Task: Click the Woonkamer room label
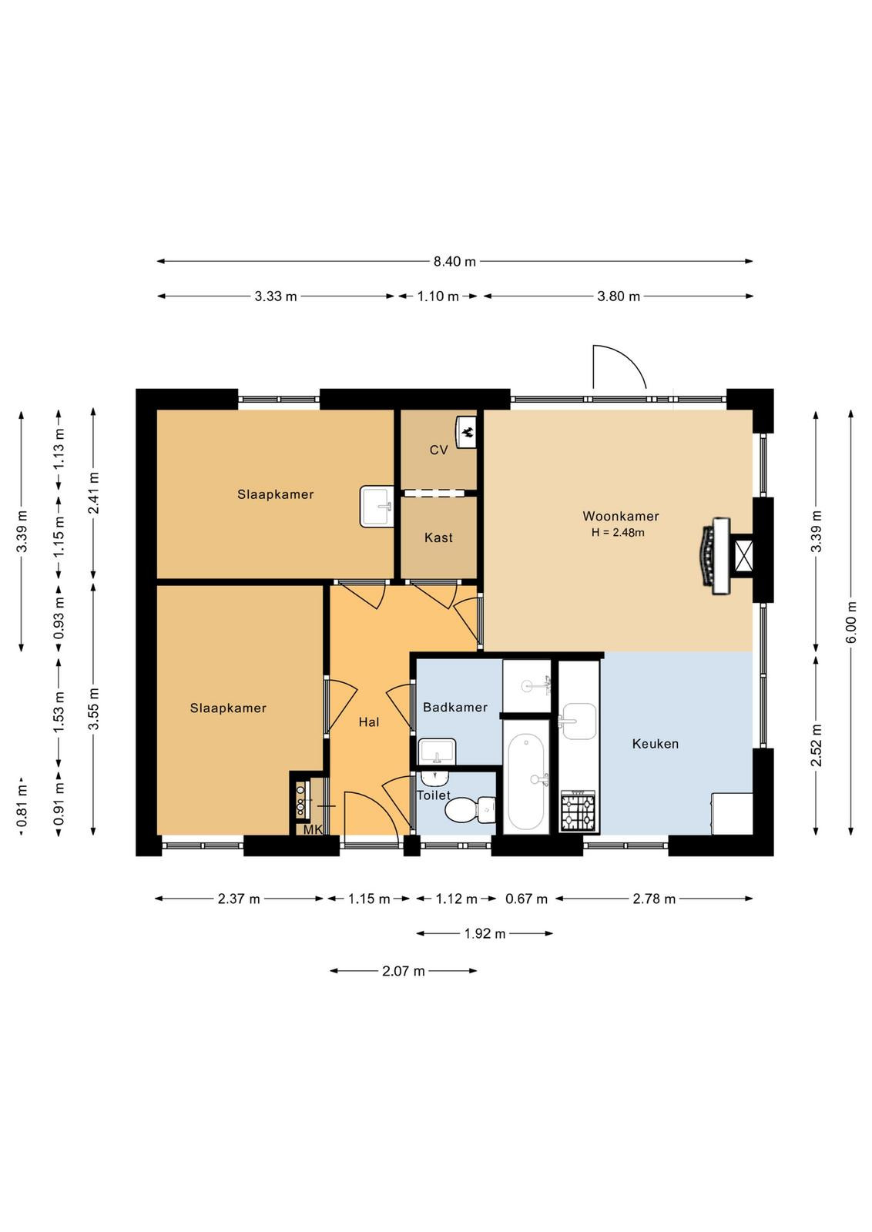pos(621,516)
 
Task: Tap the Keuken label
pos(656,744)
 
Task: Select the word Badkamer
pos(455,708)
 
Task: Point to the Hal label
pos(369,722)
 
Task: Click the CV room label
pos(438,450)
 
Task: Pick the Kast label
pos(438,537)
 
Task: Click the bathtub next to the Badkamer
pos(526,782)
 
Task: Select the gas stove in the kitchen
pos(578,810)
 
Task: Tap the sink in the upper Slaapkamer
pos(377,506)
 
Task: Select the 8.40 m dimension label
pos(454,262)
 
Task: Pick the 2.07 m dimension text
pos(404,971)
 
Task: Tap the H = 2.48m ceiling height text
pos(618,532)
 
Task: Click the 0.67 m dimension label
pos(526,899)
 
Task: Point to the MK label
pos(313,830)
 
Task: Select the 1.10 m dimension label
pos(438,296)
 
